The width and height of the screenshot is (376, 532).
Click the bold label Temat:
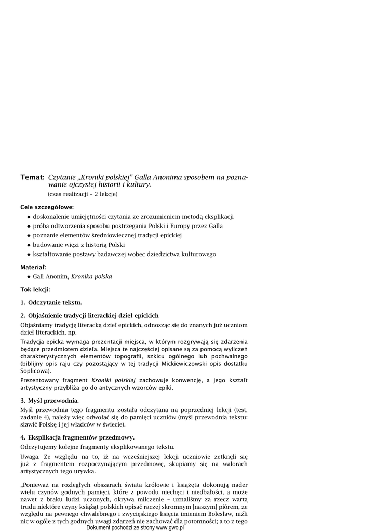pyautogui.click(x=32, y=178)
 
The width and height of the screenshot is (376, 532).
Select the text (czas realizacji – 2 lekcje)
pyautogui.click(x=83, y=194)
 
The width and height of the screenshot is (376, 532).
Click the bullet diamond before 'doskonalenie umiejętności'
pyautogui.click(x=29, y=217)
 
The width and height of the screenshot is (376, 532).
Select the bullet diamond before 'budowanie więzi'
pyautogui.click(x=29, y=245)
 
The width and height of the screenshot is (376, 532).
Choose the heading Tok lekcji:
pyautogui.click(x=35, y=289)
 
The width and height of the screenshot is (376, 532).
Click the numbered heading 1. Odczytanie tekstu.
pyautogui.click(x=51, y=302)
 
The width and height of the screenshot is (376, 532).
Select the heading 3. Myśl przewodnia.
pyautogui.click(x=50, y=401)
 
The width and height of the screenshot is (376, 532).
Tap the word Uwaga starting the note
pyautogui.click(x=31, y=456)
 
